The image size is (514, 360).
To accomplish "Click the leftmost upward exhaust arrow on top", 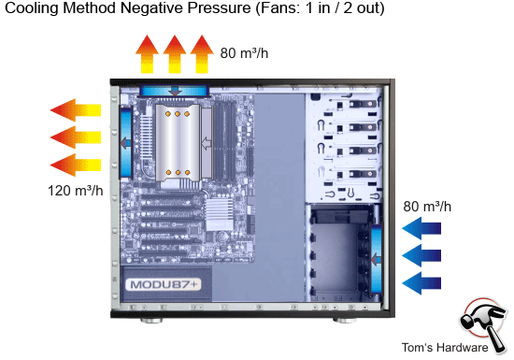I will (x=146, y=54).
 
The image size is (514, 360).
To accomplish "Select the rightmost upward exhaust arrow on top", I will (x=202, y=54).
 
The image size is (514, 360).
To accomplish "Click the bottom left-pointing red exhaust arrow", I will (x=75, y=166).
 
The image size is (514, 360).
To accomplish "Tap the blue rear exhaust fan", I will (x=124, y=141).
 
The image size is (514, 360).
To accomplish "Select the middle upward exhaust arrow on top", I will (x=174, y=54).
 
